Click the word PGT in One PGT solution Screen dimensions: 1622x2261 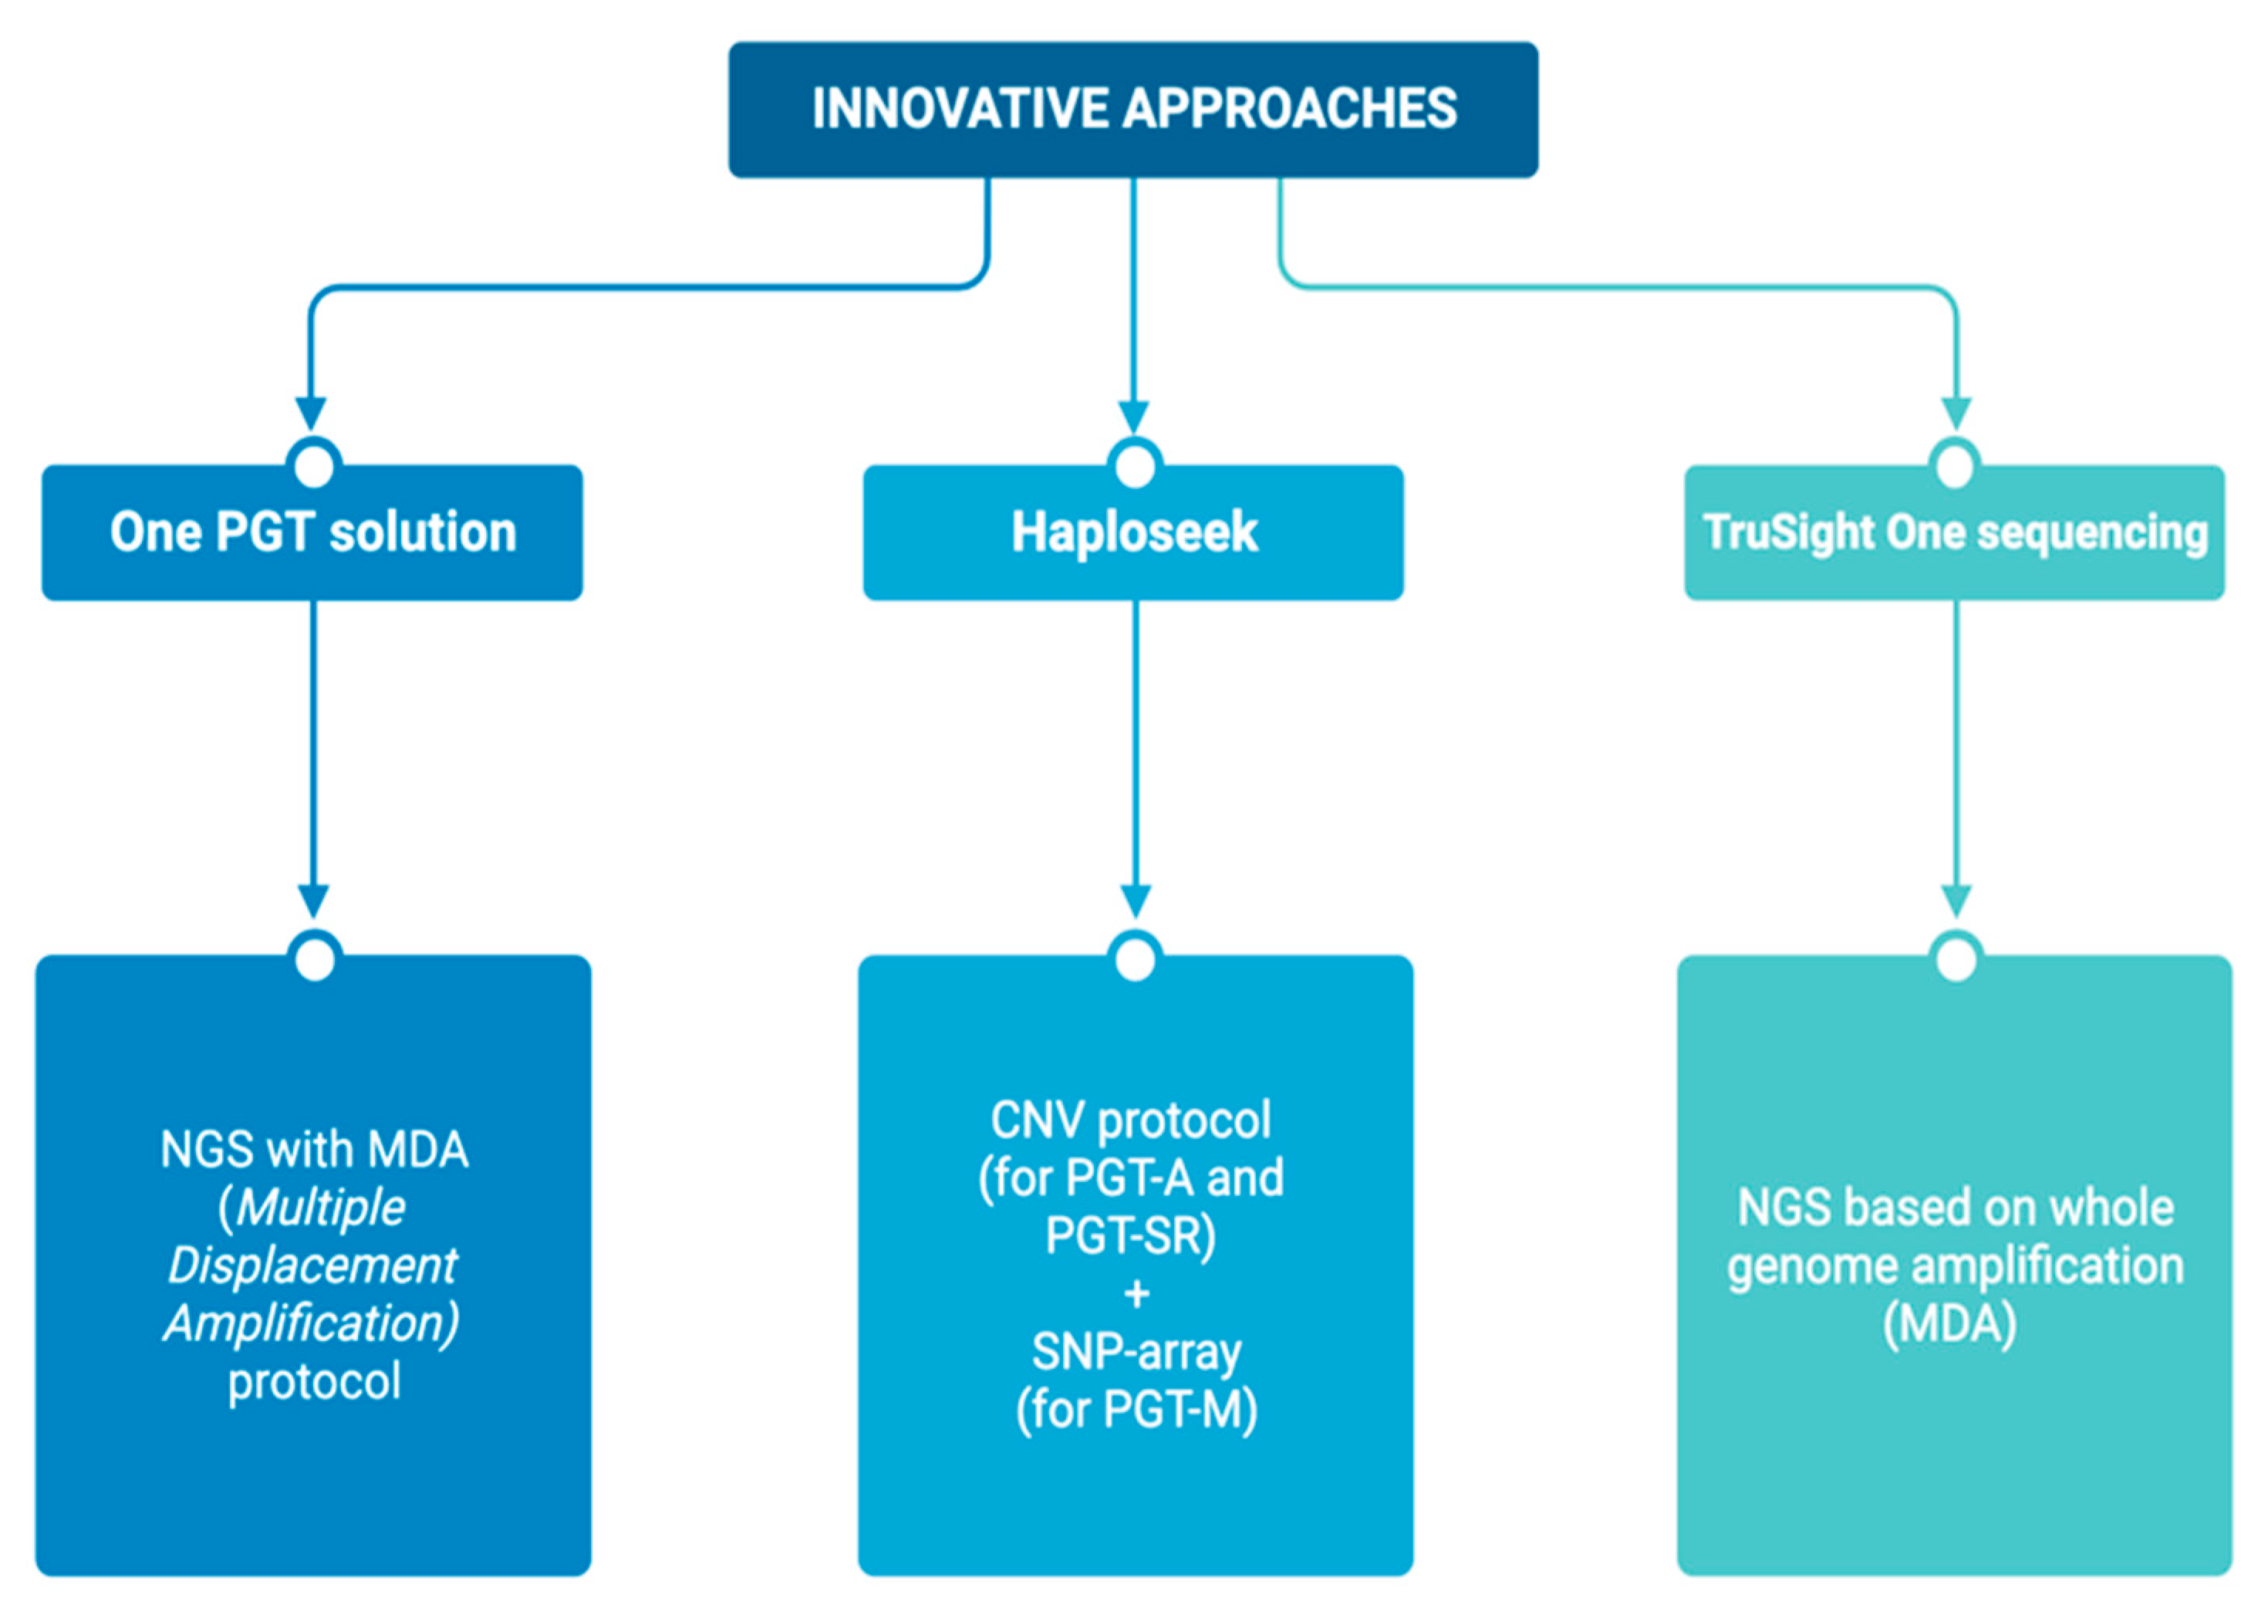265,532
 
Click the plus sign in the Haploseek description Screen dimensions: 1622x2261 1136,1294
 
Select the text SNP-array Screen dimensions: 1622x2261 1136,1352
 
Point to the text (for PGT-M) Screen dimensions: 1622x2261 1136,1410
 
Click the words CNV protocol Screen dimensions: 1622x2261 1131,1120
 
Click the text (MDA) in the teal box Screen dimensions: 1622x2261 1949,1324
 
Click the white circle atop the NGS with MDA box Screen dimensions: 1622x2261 315,959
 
